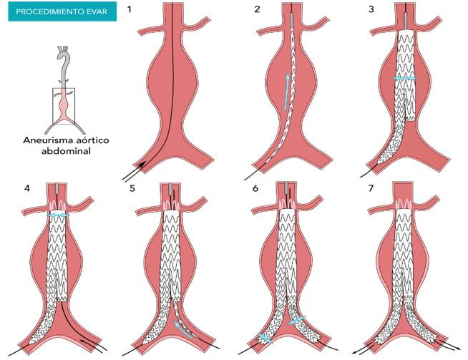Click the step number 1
click(130, 9)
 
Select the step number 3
click(372, 9)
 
